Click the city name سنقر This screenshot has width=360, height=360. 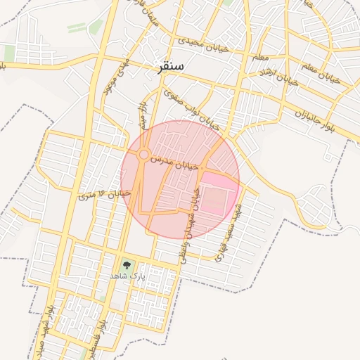click(x=168, y=67)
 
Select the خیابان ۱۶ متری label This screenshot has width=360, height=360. click(x=105, y=193)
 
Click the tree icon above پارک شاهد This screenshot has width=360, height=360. click(x=127, y=265)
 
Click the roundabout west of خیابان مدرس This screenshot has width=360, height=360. click(x=143, y=154)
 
